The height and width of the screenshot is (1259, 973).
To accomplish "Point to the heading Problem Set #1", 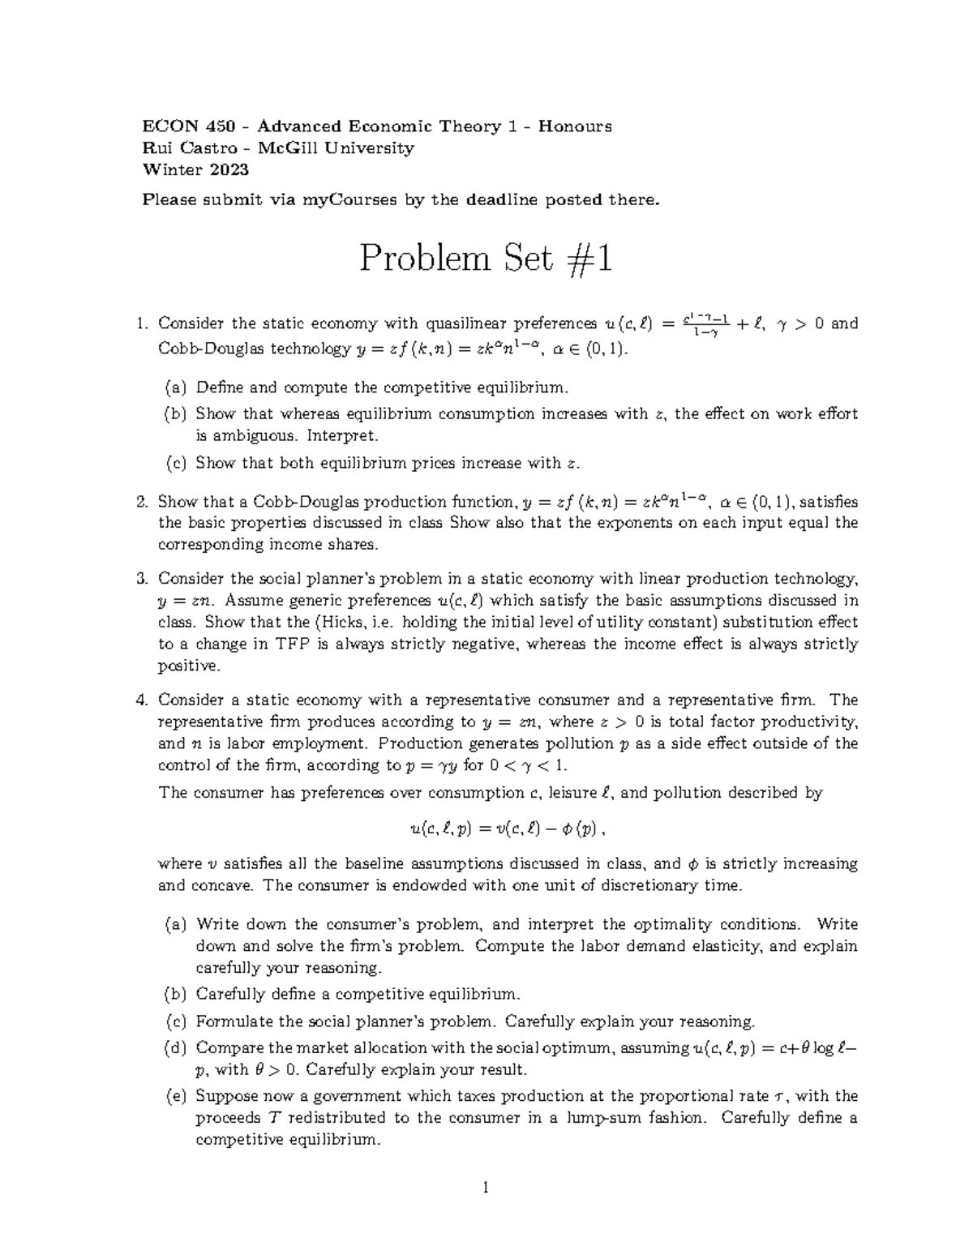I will [x=486, y=259].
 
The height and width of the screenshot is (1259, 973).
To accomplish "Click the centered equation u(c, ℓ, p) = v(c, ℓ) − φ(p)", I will [x=508, y=829].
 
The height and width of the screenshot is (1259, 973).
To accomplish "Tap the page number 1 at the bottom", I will [x=486, y=1189].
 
